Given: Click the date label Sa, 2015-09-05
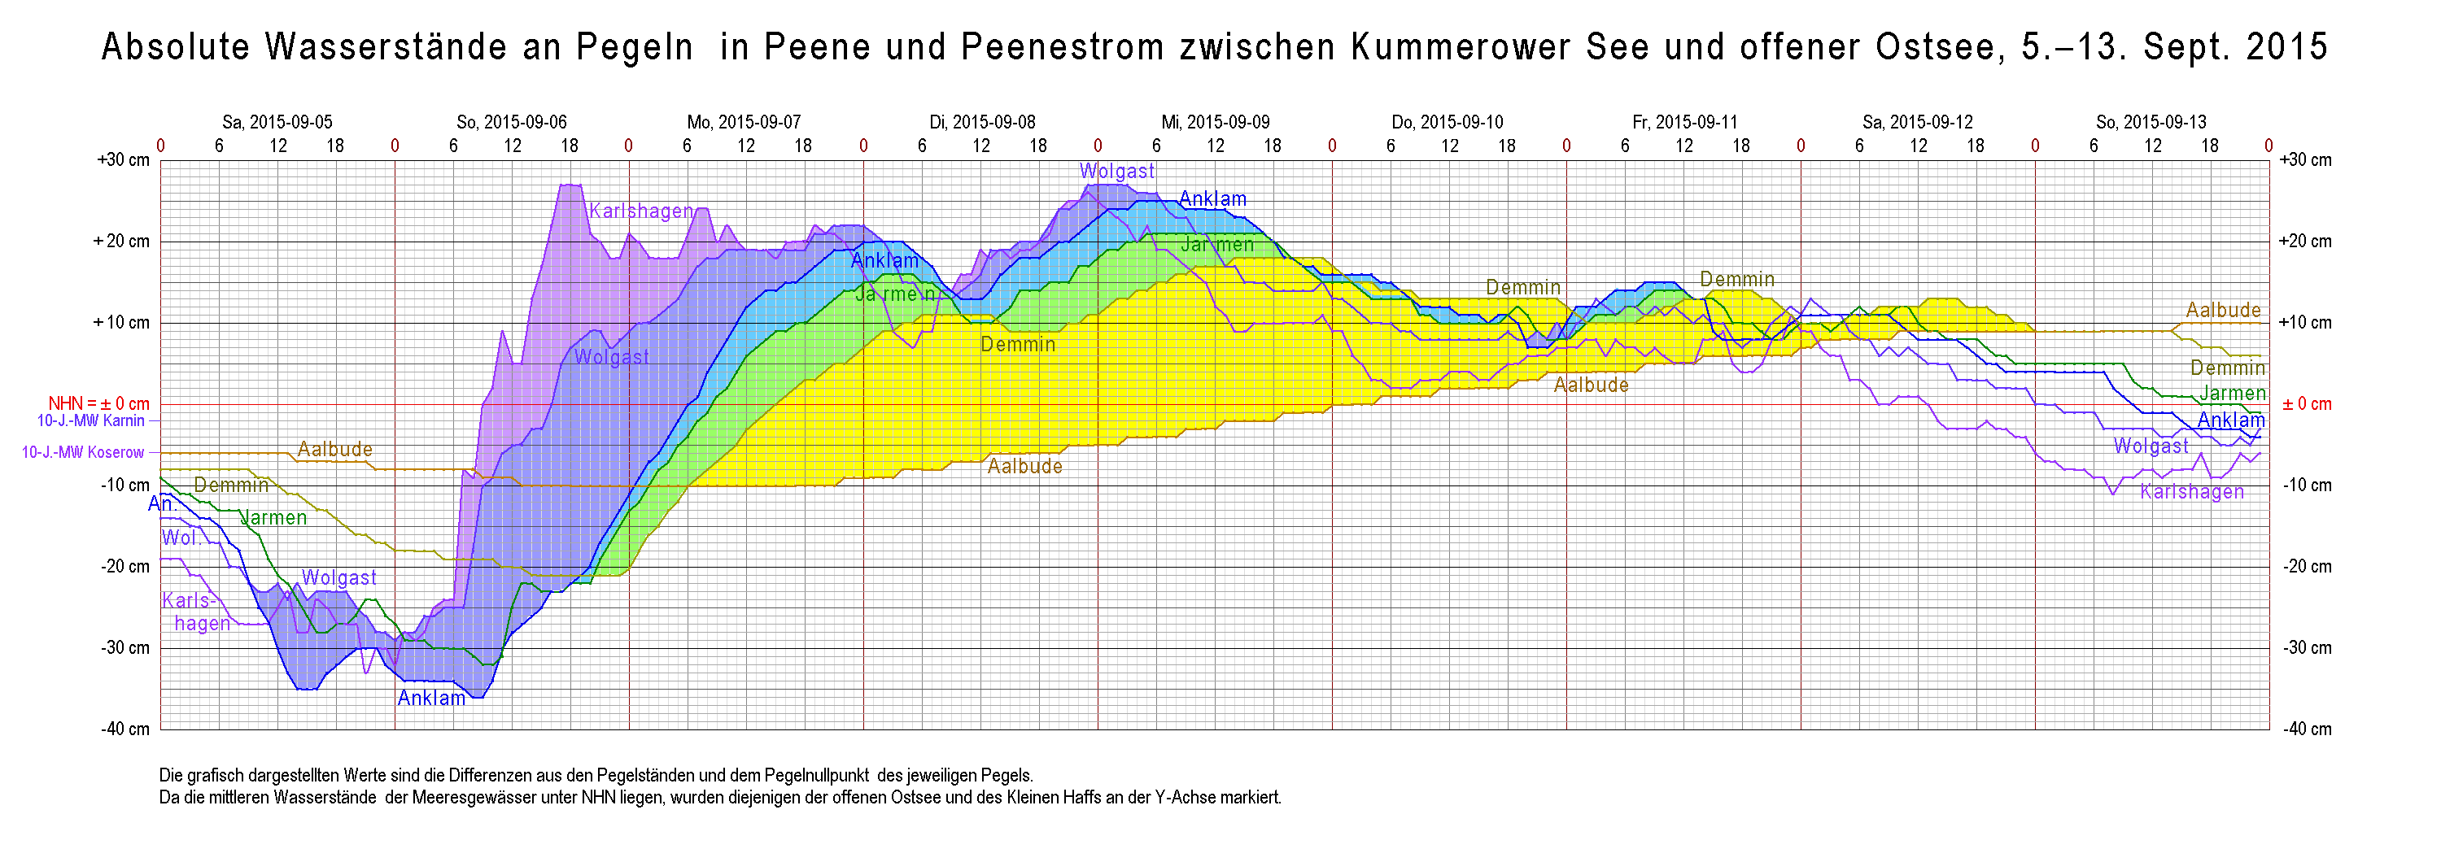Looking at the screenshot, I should coord(277,122).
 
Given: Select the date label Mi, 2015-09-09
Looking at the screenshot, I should coord(1215,122).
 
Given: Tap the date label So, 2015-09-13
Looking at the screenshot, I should coord(2151,122).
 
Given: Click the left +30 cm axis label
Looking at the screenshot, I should coord(123,160).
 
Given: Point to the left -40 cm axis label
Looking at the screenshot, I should coord(125,729).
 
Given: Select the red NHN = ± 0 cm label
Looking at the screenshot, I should coord(98,404).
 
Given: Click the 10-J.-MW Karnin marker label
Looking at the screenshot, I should coord(91,420).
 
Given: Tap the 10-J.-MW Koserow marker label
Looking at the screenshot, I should coord(82,453).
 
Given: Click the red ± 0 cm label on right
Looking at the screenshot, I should coord(2307,404).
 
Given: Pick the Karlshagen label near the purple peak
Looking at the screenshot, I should coord(641,211).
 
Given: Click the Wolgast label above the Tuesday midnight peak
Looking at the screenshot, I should coord(1117,172).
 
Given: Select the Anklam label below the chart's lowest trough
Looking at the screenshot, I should coord(431,698).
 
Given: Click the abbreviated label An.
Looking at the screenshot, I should coord(160,504).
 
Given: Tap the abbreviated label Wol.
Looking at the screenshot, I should coord(180,538).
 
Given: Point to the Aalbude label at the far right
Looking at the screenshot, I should coord(2223,310).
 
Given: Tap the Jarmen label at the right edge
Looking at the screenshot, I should coord(2233,393).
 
